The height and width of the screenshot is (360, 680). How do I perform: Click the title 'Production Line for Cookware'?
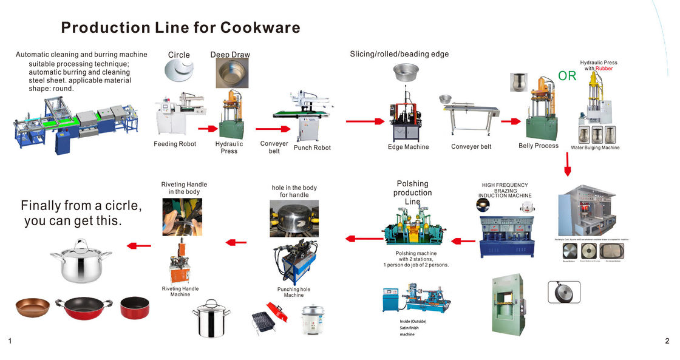(x=180, y=28)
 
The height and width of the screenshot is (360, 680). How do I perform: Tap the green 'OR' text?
(x=567, y=76)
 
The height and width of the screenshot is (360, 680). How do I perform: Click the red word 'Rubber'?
(x=603, y=69)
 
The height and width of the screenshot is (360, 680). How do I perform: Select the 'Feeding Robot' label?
(x=175, y=144)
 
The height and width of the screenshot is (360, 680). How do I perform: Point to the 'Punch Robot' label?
(x=312, y=148)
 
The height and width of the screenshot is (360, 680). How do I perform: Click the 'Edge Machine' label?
(x=408, y=147)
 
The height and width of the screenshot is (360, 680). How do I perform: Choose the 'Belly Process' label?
(x=538, y=146)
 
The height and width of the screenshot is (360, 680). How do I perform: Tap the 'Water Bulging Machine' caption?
(x=595, y=148)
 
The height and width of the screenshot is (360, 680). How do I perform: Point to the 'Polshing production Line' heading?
(x=412, y=192)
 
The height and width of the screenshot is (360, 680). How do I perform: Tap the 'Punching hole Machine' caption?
(x=293, y=292)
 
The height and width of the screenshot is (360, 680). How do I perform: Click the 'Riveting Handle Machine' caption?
(x=180, y=291)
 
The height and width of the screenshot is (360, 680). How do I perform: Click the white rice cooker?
(x=316, y=320)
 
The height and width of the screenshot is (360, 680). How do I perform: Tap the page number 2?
(x=667, y=342)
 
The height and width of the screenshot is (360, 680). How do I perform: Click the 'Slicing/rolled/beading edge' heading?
(x=399, y=54)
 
